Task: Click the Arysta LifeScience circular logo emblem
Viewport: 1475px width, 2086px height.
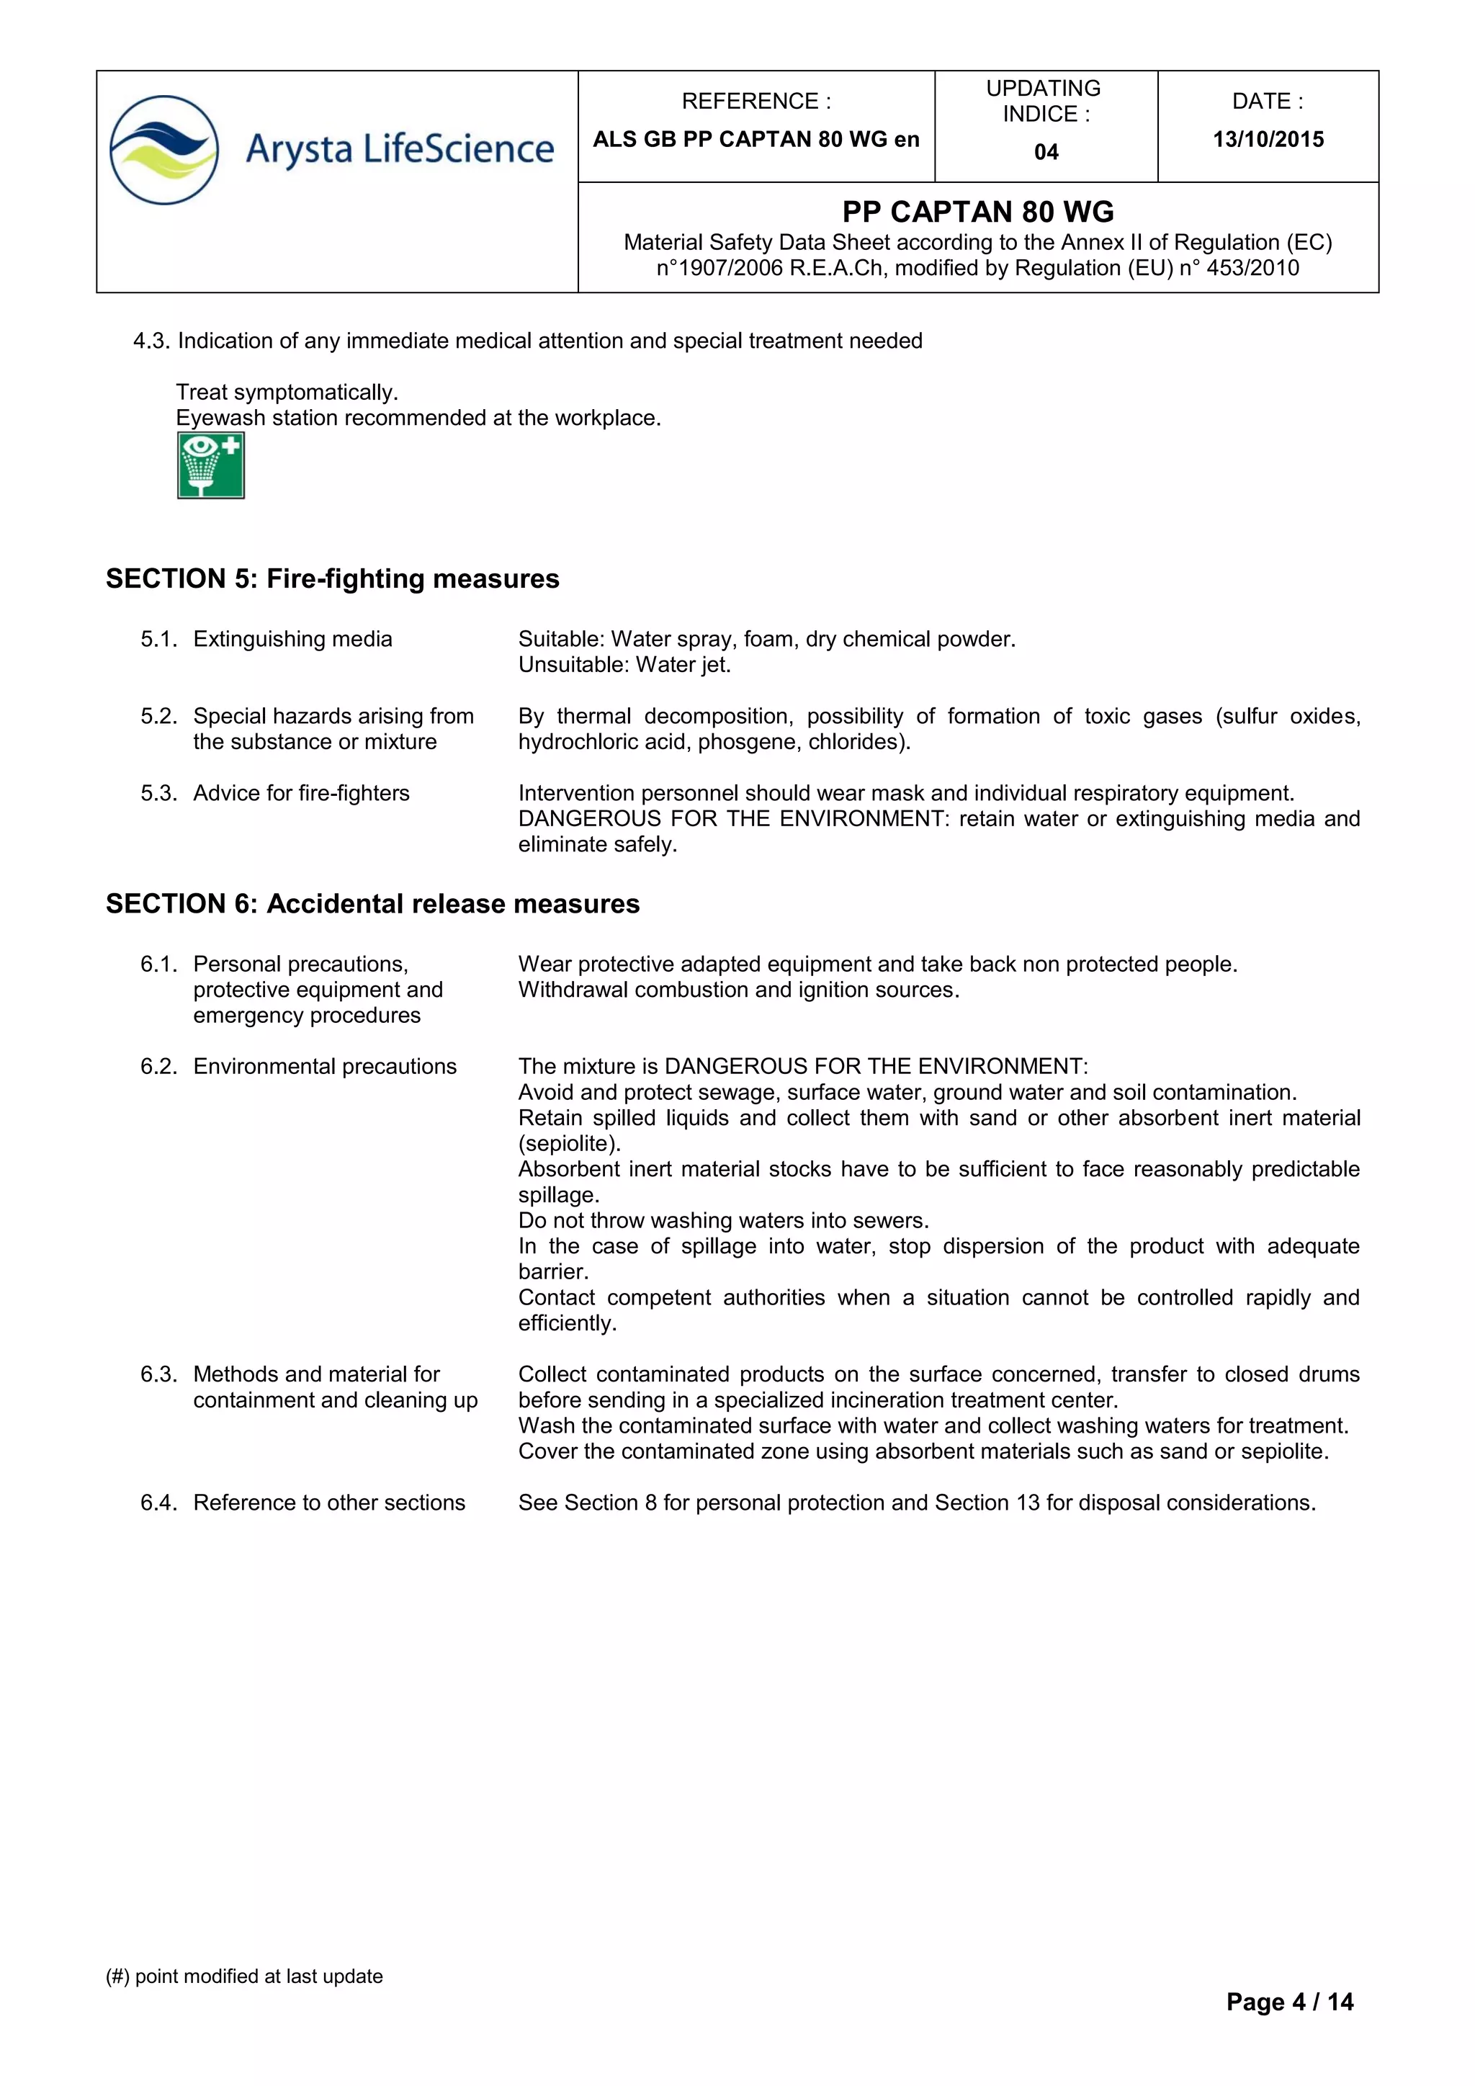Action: coord(164,150)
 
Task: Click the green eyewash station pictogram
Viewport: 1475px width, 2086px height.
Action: coord(211,465)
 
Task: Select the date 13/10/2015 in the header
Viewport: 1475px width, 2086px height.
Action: coord(1268,139)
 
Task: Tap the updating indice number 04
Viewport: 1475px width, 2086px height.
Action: coord(1046,152)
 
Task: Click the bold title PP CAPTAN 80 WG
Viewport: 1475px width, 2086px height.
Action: coord(977,212)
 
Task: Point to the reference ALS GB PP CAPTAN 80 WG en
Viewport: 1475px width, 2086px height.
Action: coord(756,139)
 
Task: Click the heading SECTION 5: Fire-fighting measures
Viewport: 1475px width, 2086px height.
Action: coord(333,578)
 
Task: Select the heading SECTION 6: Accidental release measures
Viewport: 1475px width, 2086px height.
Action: coord(372,903)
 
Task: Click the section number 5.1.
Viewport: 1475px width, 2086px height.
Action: coord(158,639)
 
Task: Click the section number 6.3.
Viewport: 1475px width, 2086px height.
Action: coord(158,1374)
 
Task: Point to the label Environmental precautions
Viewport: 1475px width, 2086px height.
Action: coord(324,1066)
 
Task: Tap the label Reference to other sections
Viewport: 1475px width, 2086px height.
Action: coord(329,1502)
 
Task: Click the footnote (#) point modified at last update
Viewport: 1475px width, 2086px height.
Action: coord(244,1976)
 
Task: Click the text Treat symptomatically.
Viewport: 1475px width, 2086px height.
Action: coord(287,392)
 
